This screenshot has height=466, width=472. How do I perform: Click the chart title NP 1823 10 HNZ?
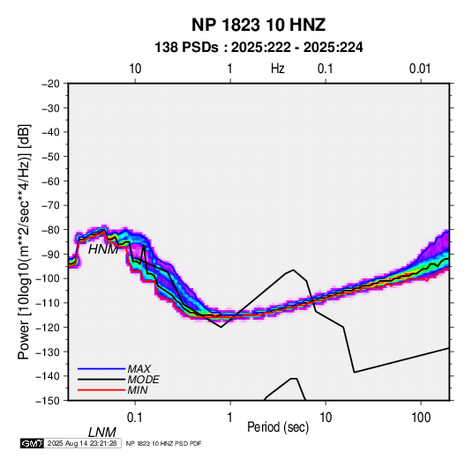[x=258, y=25]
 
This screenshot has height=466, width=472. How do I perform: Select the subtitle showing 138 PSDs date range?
[x=258, y=48]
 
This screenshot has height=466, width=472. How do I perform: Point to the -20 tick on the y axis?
[x=50, y=84]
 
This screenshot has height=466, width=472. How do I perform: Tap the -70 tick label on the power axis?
[x=50, y=205]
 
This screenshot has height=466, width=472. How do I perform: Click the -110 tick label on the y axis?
[x=48, y=303]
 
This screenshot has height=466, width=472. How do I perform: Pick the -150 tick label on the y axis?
[x=48, y=401]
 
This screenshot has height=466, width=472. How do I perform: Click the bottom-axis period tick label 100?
[x=421, y=418]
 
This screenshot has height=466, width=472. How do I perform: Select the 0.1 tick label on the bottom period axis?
[x=135, y=418]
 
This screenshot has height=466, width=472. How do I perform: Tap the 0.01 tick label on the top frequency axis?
[x=420, y=69]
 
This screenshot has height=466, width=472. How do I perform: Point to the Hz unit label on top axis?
[x=278, y=69]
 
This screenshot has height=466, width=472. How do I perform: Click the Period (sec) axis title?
[x=278, y=427]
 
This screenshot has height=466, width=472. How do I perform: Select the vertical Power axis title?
[x=24, y=241]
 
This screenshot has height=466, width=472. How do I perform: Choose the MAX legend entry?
[x=139, y=368]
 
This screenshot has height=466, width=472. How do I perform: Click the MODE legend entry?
[x=143, y=380]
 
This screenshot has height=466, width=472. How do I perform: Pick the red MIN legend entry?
[x=138, y=390]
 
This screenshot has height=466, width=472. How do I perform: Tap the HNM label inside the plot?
[x=103, y=249]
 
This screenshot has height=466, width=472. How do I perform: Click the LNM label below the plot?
[x=102, y=433]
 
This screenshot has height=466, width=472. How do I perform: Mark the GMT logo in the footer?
[x=32, y=443]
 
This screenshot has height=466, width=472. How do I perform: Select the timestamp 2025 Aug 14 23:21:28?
[x=82, y=443]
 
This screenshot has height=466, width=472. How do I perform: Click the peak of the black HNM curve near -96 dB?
[x=293, y=270]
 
